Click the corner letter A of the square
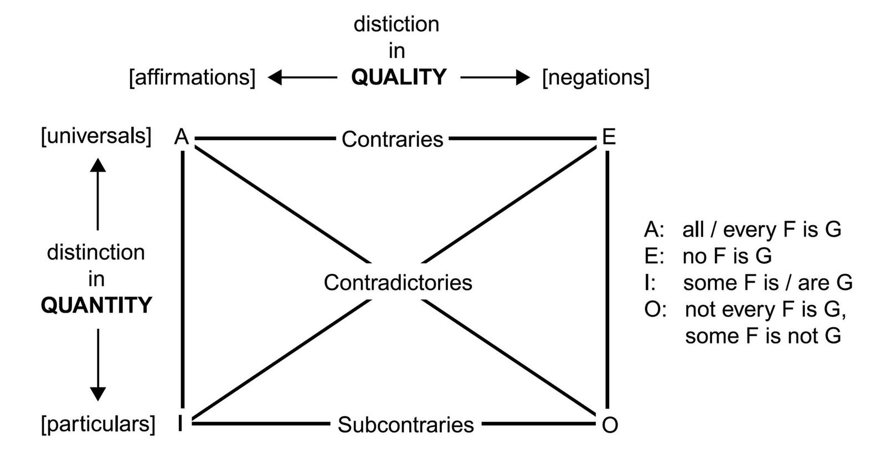[x=182, y=136]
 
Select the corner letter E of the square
[x=609, y=136]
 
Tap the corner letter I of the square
[x=181, y=424]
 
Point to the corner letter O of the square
[x=610, y=425]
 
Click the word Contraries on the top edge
[x=392, y=139]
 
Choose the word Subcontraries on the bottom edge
[x=405, y=425]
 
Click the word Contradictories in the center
[x=398, y=283]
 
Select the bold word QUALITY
[x=399, y=77]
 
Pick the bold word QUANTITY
[x=96, y=305]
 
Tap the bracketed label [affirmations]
[x=192, y=77]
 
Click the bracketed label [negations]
[x=596, y=77]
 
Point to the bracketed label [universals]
[x=96, y=136]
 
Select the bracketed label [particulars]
[x=98, y=424]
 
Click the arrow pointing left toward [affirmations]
[x=302, y=78]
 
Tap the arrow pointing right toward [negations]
[x=495, y=78]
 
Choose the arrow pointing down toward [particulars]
[x=98, y=365]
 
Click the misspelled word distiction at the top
[x=396, y=24]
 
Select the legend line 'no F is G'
[x=727, y=256]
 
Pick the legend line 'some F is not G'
[x=763, y=336]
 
